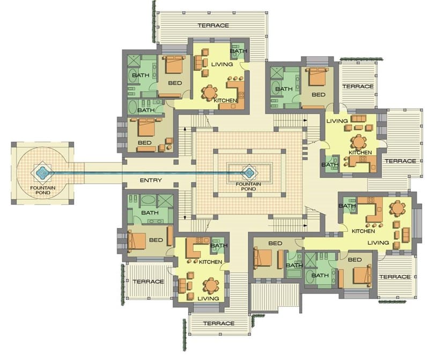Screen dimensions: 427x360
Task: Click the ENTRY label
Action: click(151, 180)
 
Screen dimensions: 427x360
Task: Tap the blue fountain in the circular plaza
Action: click(42, 172)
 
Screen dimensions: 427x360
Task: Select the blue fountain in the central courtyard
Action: click(248, 172)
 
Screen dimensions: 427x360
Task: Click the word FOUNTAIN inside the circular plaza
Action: click(43, 188)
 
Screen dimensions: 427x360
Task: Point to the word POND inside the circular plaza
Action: click(43, 193)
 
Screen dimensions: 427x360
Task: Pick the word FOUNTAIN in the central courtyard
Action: click(248, 184)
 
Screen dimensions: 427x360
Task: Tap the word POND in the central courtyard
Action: click(248, 189)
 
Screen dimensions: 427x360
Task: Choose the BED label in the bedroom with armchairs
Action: click(145, 143)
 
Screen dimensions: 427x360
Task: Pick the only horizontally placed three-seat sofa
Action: click(359, 118)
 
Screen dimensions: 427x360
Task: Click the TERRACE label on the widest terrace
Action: click(213, 26)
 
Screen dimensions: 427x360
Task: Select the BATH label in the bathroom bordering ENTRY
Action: click(150, 212)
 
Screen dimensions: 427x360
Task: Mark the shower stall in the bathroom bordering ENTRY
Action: click(166, 201)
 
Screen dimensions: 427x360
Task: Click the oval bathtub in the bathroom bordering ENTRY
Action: click(148, 200)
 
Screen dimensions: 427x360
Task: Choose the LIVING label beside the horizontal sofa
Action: click(337, 121)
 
